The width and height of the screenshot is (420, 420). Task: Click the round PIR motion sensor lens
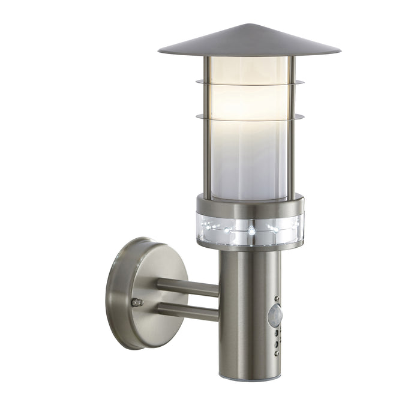coord(275,313)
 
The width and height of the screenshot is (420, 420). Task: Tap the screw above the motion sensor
coord(277,298)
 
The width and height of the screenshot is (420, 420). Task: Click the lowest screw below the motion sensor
coord(277,353)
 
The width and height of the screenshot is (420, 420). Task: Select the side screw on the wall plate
coord(137,302)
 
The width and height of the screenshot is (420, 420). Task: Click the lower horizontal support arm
coord(188,311)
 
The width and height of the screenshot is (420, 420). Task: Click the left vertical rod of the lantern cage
coord(206,132)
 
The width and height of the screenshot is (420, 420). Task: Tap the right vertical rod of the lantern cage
coord(291,132)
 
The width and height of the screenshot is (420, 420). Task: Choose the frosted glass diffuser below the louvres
coord(249,162)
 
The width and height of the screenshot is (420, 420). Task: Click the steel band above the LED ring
coord(249,207)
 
